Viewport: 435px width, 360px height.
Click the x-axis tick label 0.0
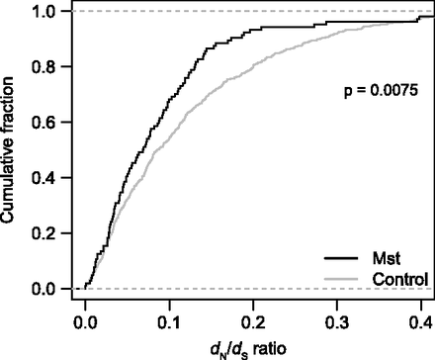[x=85, y=319]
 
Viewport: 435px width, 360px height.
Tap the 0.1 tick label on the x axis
[x=170, y=319]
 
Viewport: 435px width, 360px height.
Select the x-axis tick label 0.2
[x=254, y=319]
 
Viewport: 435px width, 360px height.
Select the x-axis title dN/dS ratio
[x=256, y=346]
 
